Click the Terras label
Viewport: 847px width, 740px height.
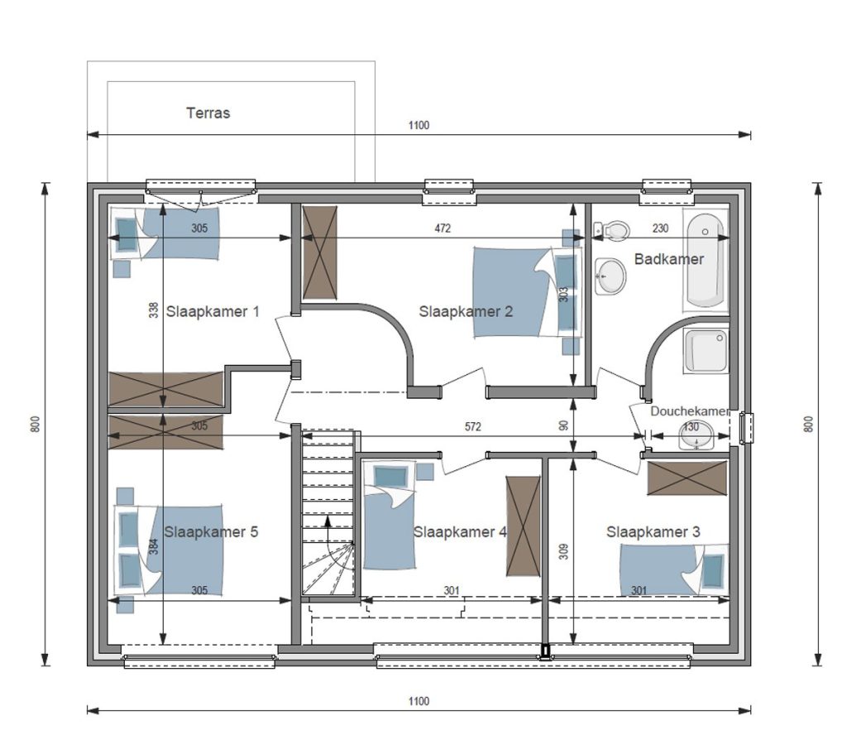click(208, 113)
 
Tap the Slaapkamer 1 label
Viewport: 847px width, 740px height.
click(213, 311)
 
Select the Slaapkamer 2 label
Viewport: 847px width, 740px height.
click(466, 311)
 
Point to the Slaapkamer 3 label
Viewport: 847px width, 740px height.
click(653, 532)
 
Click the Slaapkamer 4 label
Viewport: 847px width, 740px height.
click(460, 532)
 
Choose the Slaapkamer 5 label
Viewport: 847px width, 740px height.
click(211, 532)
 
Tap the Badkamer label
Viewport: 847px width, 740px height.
click(668, 259)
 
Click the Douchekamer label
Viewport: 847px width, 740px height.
click(690, 411)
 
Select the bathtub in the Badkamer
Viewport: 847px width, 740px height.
click(706, 260)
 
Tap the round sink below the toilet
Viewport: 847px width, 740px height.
click(610, 276)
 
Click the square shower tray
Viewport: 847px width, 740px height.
click(706, 351)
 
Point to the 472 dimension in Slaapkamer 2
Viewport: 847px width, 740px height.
click(443, 228)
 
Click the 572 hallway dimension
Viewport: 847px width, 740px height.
click(472, 426)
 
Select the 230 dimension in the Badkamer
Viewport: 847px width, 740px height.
click(660, 228)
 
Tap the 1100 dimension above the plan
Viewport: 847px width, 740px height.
click(419, 126)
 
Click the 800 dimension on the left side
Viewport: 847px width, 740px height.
click(36, 424)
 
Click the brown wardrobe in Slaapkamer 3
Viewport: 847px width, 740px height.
click(687, 478)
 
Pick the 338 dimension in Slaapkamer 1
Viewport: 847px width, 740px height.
click(154, 310)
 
